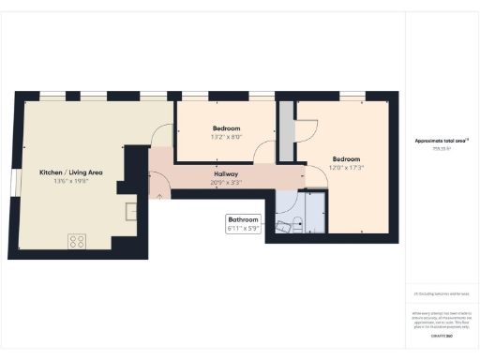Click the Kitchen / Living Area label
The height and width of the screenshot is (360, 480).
(x=70, y=172)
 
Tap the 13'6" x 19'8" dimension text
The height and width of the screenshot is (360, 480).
(x=70, y=182)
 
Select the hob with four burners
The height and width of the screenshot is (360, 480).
(x=77, y=241)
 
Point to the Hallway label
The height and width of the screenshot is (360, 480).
(x=225, y=174)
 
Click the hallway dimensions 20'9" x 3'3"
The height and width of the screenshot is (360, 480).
(x=225, y=184)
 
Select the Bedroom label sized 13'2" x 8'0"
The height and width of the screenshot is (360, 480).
(x=226, y=128)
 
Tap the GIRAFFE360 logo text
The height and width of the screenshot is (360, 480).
(x=441, y=335)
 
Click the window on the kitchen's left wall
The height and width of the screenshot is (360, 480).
(x=11, y=184)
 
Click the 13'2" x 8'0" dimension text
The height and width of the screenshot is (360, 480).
(x=226, y=137)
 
